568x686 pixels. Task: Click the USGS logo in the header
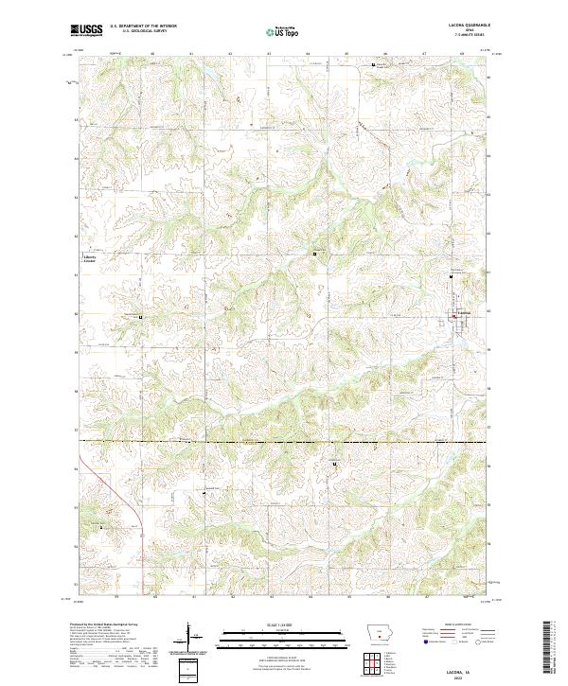point(87,30)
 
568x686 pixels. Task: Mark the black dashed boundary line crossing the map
point(284,442)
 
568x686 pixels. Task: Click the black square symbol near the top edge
point(373,65)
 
